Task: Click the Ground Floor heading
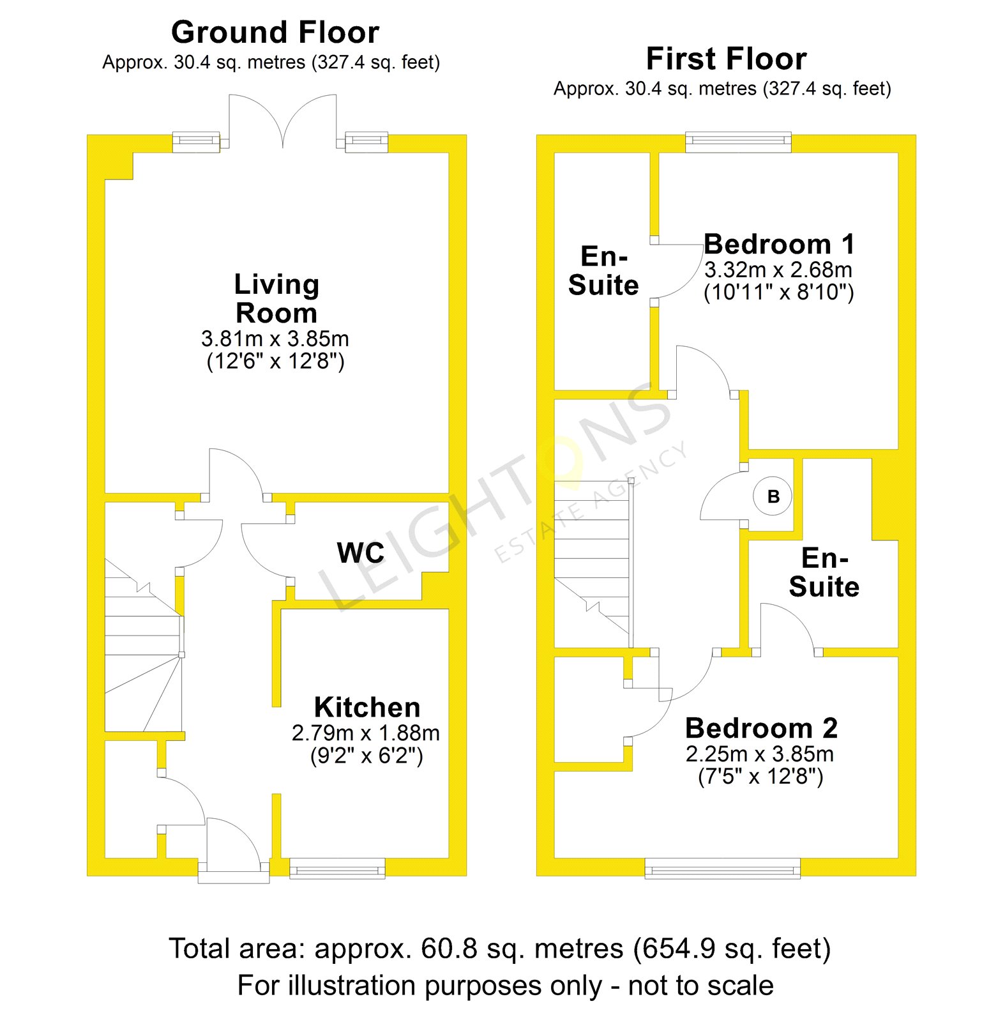pyautogui.click(x=275, y=33)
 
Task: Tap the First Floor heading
pyautogui.click(x=726, y=59)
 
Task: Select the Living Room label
pyautogui.click(x=276, y=298)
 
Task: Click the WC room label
pyautogui.click(x=361, y=553)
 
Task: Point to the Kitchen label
pyautogui.click(x=367, y=708)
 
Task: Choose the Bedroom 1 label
pyautogui.click(x=778, y=245)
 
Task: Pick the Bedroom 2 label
pyautogui.click(x=761, y=728)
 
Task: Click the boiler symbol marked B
pyautogui.click(x=773, y=496)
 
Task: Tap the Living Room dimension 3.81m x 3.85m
pyautogui.click(x=275, y=339)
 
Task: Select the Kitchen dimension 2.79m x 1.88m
pyautogui.click(x=366, y=733)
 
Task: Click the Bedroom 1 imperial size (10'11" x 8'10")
pyautogui.click(x=778, y=293)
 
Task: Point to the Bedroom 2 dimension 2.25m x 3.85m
pyautogui.click(x=760, y=754)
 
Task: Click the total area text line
pyautogui.click(x=500, y=949)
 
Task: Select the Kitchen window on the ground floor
pyautogui.click(x=338, y=869)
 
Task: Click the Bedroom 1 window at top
pyautogui.click(x=738, y=142)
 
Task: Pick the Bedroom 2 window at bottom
pyautogui.click(x=722, y=869)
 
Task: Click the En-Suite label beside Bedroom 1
pyautogui.click(x=603, y=271)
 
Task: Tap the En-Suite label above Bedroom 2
pyautogui.click(x=824, y=572)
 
